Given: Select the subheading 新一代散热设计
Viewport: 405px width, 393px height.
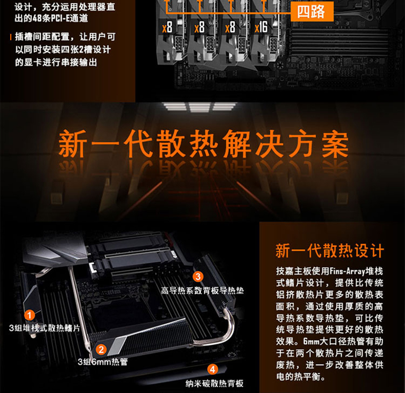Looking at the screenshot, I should pos(330,251).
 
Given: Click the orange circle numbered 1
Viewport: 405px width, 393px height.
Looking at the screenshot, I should pos(30,315).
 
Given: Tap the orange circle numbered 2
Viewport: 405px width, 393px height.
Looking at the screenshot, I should pos(102,350).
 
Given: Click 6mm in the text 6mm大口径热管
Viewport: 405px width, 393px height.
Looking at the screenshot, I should pos(311,341).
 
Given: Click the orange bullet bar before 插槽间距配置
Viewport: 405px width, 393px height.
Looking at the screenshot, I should pos(11,37).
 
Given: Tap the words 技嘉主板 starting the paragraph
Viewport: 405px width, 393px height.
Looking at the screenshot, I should pos(292,270).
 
